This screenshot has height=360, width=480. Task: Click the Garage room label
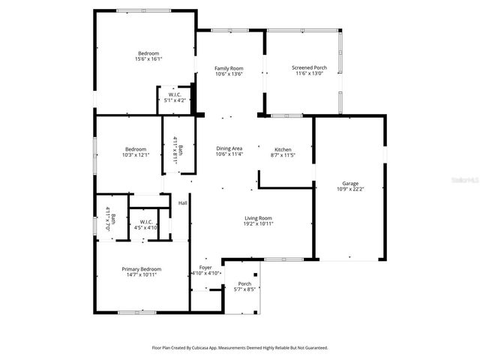point(350,183)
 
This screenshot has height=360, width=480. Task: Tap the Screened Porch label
point(309,67)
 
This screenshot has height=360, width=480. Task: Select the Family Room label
point(229,67)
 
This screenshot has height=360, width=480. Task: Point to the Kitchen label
point(283,150)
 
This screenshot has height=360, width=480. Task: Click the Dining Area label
point(229,148)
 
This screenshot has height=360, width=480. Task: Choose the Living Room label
point(257,218)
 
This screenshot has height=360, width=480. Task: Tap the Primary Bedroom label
point(142,268)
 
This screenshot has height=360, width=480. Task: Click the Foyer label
point(205,267)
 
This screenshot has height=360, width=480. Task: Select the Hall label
point(182,203)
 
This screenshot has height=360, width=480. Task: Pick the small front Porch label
point(244,283)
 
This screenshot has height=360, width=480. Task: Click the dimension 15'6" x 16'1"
point(148,58)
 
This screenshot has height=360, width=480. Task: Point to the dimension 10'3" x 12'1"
point(136,154)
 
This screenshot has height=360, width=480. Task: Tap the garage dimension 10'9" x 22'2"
point(350,189)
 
